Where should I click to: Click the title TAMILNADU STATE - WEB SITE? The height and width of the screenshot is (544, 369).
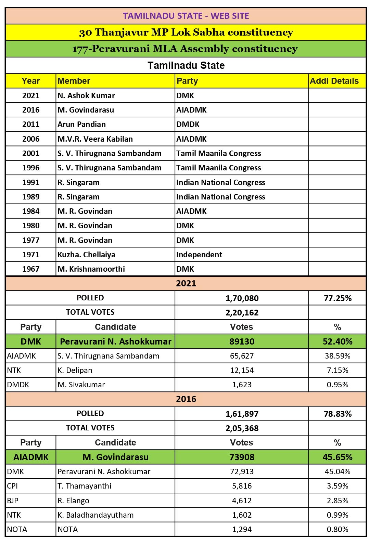pos(186,16)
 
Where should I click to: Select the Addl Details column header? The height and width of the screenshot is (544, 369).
pos(334,81)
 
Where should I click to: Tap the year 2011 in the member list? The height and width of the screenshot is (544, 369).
pos(31,125)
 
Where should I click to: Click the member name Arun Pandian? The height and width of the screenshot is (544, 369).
pos(82,125)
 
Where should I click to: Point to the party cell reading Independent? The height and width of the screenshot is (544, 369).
pos(199,255)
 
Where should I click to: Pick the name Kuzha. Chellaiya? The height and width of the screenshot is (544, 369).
pos(87,255)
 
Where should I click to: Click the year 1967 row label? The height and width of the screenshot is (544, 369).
pos(31,269)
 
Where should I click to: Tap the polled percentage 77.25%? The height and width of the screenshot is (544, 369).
pos(338,298)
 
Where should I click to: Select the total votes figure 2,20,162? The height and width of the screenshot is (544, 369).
pos(242,313)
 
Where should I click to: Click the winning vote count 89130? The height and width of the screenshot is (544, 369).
pos(242,342)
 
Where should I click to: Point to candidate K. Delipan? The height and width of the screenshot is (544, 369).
pos(75,371)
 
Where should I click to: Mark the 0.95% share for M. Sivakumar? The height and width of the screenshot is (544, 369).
pos(338,385)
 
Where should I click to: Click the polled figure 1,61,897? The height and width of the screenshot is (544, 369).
pos(242,414)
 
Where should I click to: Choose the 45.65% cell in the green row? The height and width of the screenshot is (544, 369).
pos(338,457)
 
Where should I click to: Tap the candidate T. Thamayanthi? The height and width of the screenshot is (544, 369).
pos(85,486)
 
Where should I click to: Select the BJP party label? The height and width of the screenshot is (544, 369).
pos(13,501)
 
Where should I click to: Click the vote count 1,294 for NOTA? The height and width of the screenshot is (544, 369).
pos(242,530)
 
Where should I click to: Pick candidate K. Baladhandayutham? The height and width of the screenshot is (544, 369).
pos(96,515)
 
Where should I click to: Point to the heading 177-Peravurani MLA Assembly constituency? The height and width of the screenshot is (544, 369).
pos(185,49)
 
